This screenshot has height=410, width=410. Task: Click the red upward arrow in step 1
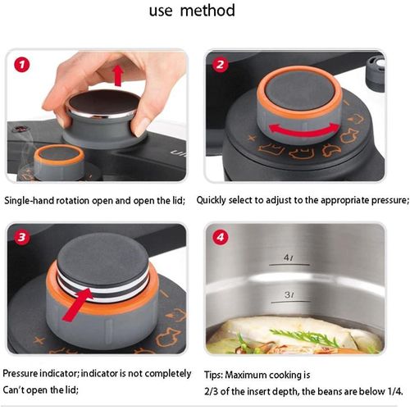pyautogui.click(x=118, y=75)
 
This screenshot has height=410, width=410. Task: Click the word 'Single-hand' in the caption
pyautogui.click(x=30, y=200)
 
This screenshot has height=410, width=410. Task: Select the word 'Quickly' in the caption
pyautogui.click(x=214, y=200)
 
